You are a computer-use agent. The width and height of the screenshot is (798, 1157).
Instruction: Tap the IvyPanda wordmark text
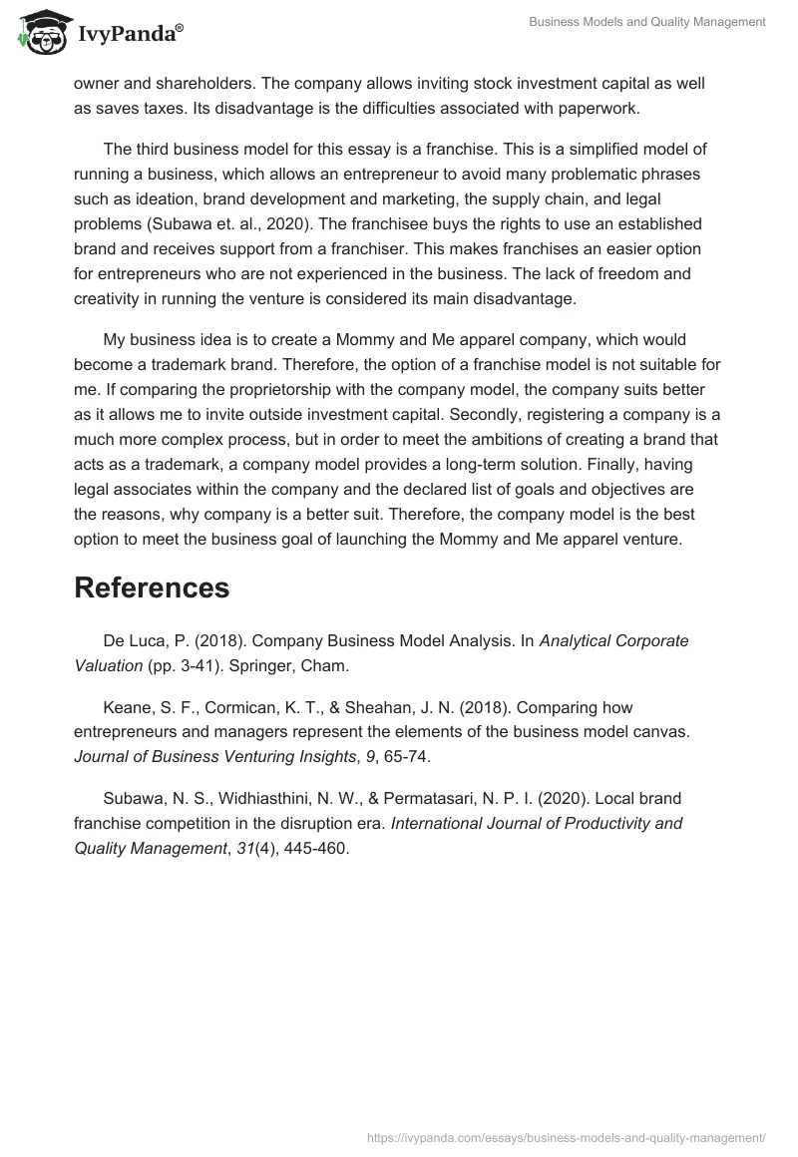pos(129,33)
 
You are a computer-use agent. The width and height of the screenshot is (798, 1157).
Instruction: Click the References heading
pos(152,587)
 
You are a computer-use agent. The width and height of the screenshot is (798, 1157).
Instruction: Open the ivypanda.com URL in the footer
pos(567,1136)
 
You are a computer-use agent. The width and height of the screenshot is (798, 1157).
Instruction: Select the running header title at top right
pos(647,21)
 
